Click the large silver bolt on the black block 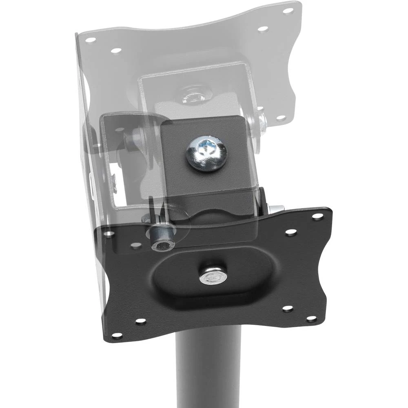[x=206, y=154]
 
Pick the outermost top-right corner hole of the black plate [x=317, y=216]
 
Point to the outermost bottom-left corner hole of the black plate [x=117, y=335]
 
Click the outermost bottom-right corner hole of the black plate [x=311, y=318]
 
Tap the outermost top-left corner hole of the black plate [x=109, y=234]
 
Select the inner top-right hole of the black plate [x=291, y=232]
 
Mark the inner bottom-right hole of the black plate [x=288, y=309]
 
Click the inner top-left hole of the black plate [x=135, y=246]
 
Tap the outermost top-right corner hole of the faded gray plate [x=288, y=11]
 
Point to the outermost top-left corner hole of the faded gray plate [x=90, y=40]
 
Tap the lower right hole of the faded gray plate [x=281, y=118]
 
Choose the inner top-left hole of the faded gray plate [x=116, y=51]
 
